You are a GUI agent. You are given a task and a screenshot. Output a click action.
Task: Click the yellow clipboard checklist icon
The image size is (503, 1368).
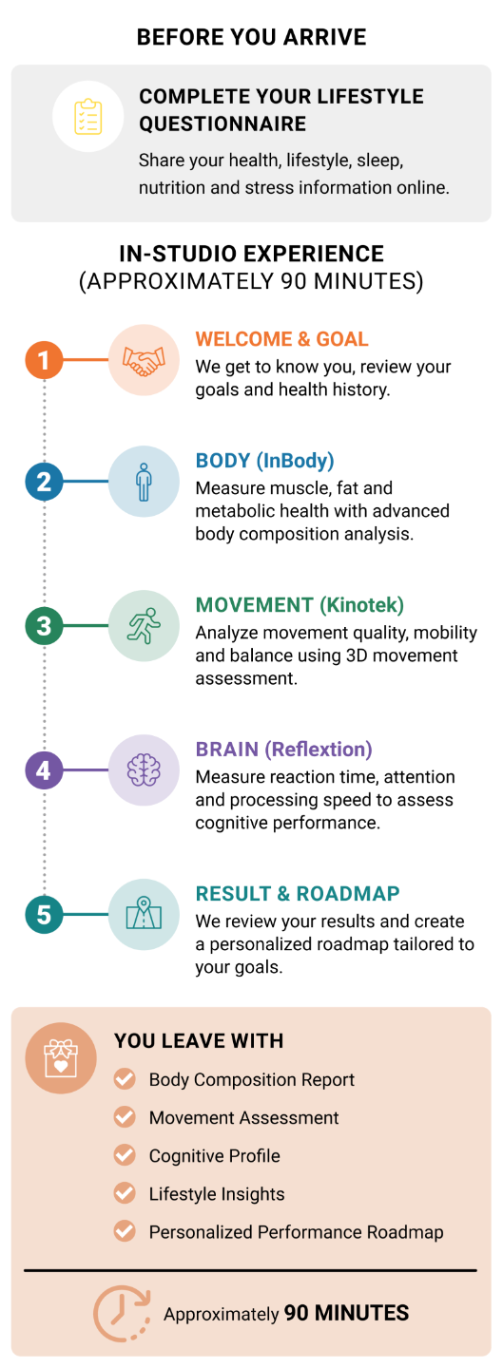tap(88, 116)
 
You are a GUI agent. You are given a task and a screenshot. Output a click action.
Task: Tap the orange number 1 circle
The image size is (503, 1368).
tap(44, 360)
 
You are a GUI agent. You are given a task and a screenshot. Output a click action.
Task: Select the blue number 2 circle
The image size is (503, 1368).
tap(44, 482)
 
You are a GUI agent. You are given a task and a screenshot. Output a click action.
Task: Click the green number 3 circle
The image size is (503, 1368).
tap(44, 625)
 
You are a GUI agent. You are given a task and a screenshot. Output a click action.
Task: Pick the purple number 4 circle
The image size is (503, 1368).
tap(44, 769)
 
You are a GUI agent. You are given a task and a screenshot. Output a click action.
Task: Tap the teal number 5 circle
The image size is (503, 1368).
tap(44, 914)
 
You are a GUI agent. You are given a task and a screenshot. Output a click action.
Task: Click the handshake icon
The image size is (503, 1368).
tap(144, 360)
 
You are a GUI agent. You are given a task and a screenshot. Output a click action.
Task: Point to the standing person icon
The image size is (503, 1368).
tap(144, 482)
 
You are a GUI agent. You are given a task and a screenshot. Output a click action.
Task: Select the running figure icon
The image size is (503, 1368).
tap(144, 625)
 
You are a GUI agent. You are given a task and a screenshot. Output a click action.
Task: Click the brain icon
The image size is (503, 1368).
tap(144, 769)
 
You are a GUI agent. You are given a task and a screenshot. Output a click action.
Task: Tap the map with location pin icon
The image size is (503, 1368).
tap(144, 913)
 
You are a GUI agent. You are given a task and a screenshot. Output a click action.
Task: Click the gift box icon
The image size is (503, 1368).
tap(61, 1058)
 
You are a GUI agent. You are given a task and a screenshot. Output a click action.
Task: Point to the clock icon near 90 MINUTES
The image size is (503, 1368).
tap(122, 1313)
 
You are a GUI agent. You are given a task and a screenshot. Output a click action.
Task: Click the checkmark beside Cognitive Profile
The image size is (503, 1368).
tap(125, 1155)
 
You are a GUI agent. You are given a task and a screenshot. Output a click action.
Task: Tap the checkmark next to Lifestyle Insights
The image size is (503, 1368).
tap(125, 1193)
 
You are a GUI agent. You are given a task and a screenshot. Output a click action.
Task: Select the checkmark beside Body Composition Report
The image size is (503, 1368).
tap(125, 1078)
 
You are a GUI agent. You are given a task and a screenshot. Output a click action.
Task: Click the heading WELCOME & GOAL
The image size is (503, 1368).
tap(281, 339)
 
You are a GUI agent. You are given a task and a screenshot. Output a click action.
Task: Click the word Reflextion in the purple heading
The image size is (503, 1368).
tap(318, 749)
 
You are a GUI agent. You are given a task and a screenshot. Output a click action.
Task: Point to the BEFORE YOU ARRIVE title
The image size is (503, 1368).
tap(251, 37)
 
